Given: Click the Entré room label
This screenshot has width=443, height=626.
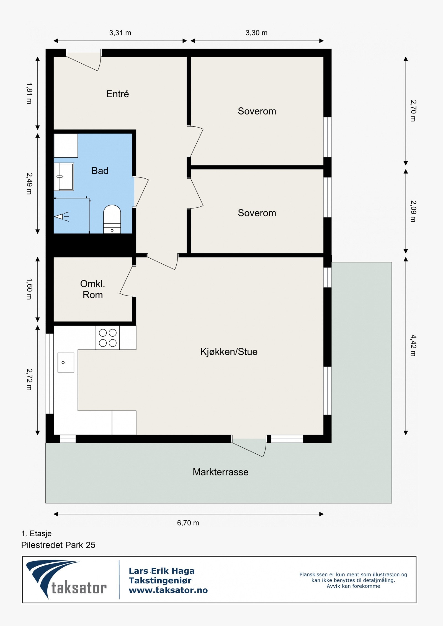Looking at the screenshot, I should tap(117, 94).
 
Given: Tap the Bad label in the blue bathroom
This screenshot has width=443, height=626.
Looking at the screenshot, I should tap(100, 171).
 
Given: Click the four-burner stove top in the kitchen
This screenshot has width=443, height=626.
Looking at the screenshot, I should tap(108, 337).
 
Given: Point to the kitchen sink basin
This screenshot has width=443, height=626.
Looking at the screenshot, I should tap(66, 362).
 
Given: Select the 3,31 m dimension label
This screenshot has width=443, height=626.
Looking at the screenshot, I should tap(120, 33).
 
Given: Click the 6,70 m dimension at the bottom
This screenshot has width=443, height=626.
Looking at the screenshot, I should tap(188, 523).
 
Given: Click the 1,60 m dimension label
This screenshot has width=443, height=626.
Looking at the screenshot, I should tap(29, 289).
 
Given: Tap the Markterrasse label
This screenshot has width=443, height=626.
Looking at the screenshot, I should tap(220, 472).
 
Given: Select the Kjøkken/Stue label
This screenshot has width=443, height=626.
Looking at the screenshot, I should tap(229, 352).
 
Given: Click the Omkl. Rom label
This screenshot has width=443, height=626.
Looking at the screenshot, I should tap(92, 289).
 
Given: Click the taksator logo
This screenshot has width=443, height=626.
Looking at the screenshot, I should tap(66, 580).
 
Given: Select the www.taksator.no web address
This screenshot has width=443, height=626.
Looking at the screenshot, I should tap(168, 590).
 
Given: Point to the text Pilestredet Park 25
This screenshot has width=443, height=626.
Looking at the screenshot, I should tap(58, 545).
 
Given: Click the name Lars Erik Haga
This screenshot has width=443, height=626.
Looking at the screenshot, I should tap(161, 571).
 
